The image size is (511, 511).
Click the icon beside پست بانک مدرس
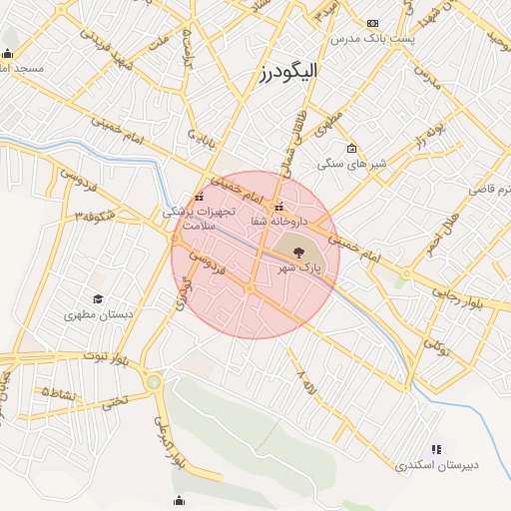click(373, 22)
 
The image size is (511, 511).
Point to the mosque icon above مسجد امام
click(8, 54)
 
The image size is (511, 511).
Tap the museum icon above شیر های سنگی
click(351, 149)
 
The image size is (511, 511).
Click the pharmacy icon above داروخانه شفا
click(278, 208)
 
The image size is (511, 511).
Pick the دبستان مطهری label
click(99, 314)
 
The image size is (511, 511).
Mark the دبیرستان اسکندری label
click(437, 465)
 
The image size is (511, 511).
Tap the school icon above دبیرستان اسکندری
click(435, 450)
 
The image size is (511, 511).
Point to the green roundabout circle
click(153, 381)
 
